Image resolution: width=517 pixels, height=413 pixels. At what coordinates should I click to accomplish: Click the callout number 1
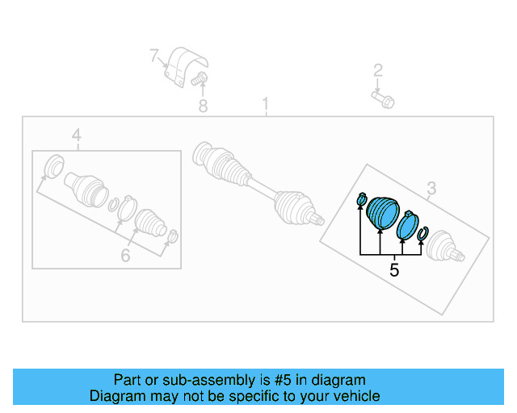click(264, 105)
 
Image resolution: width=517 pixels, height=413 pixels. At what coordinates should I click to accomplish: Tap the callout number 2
click(377, 70)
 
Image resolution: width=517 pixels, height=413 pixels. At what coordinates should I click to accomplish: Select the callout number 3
click(431, 189)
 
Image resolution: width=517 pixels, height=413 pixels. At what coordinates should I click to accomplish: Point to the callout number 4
click(76, 136)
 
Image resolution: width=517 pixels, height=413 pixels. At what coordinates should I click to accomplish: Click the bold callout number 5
click(394, 270)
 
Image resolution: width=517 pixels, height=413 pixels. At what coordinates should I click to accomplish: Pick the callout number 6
click(125, 256)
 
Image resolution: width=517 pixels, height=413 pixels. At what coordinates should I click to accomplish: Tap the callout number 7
click(154, 56)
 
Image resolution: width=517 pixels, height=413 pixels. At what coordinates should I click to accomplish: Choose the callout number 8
click(203, 106)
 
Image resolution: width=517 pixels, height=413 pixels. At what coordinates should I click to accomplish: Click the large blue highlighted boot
click(382, 211)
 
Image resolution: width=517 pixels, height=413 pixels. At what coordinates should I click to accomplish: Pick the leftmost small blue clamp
click(362, 198)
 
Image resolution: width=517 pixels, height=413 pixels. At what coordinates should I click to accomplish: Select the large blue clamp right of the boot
click(408, 224)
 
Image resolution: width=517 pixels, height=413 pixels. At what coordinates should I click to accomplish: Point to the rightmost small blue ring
click(422, 234)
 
